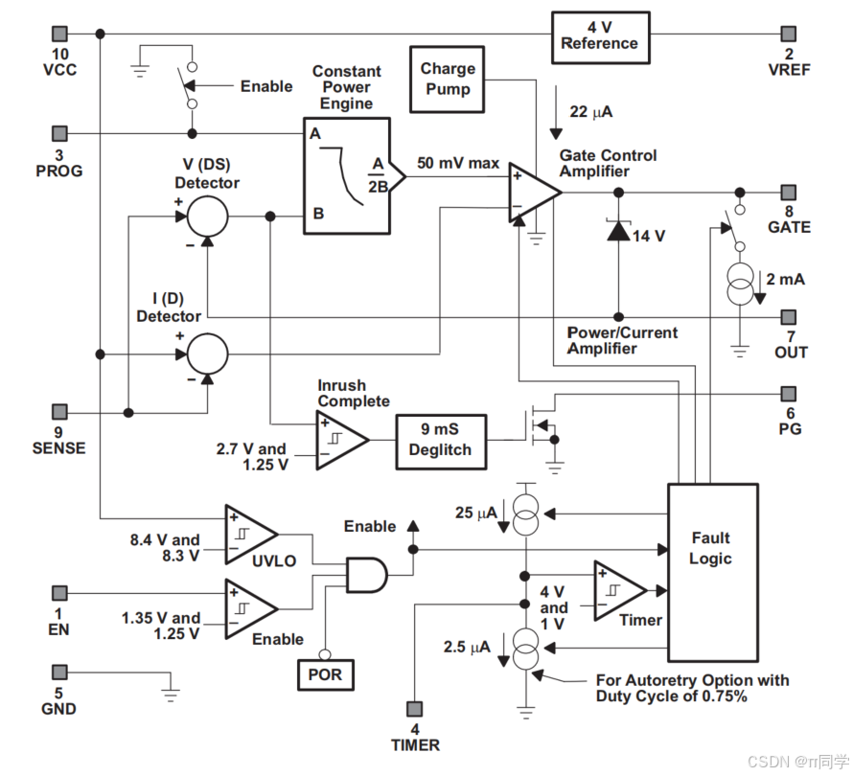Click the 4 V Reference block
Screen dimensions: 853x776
[x=601, y=38]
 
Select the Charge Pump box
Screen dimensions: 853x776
[x=448, y=80]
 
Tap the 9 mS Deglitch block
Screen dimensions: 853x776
[x=441, y=442]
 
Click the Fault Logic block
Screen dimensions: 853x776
[x=713, y=572]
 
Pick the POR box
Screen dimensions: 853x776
[x=325, y=674]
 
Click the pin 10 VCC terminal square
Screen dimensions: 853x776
[x=59, y=34]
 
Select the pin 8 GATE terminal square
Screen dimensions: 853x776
[x=788, y=192]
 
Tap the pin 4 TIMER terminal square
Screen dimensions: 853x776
[x=415, y=709]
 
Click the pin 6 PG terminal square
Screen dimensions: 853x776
[x=788, y=394]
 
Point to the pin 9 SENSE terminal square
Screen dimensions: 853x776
[x=59, y=412]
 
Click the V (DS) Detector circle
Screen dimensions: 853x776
[x=207, y=217]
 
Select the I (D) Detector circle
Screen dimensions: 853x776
[x=207, y=354]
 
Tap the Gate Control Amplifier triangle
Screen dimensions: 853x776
[x=533, y=193]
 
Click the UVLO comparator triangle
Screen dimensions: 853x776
[x=249, y=534]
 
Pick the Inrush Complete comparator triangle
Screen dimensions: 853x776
[x=340, y=440]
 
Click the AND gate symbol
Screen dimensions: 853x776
[x=367, y=575]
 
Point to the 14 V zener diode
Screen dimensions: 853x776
[x=618, y=230]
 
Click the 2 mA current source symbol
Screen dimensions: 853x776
[x=740, y=284]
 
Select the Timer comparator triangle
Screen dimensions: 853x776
[x=619, y=590]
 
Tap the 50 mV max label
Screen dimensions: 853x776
[x=458, y=163]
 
